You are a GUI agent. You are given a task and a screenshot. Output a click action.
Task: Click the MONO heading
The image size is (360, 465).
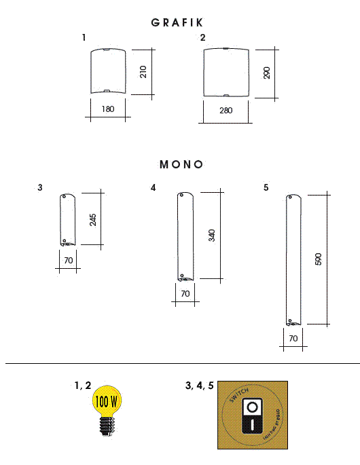pos(181,164)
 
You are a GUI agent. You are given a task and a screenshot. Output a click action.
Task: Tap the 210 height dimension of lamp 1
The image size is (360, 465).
pos(143,72)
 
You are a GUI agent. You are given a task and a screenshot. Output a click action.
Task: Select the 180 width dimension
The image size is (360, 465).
pos(108,109)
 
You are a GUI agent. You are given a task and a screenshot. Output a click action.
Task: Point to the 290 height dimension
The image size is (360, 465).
pos(266,73)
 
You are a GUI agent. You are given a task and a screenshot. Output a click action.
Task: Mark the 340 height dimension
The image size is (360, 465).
pos(211,236)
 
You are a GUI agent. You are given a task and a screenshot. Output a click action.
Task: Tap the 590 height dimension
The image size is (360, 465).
pos(319,259)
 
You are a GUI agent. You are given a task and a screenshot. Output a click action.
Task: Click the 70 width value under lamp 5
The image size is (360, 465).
pos(293,337)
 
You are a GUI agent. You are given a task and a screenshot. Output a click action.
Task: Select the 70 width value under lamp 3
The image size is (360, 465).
pos(67,260)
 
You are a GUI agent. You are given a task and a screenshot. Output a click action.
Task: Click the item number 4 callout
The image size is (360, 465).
pos(154,187)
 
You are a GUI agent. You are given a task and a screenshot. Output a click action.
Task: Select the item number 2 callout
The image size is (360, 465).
pos(202,38)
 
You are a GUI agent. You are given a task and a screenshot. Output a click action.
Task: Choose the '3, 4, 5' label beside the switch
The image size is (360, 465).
pos(199,386)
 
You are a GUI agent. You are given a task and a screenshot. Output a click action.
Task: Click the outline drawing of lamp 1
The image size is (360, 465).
pos(109,72)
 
